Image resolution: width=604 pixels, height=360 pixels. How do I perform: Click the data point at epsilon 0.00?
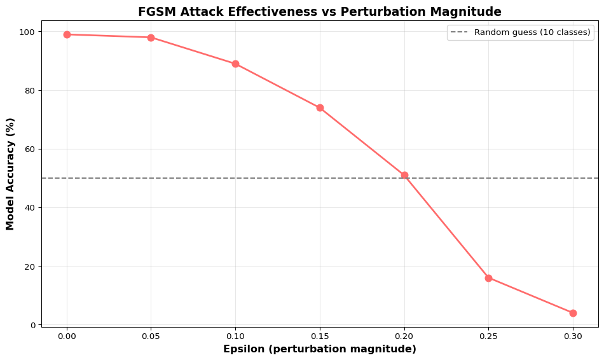click(x=67, y=34)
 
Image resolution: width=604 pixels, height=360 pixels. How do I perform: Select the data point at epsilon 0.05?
click(x=151, y=38)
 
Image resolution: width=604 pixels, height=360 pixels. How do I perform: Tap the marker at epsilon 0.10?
click(x=235, y=64)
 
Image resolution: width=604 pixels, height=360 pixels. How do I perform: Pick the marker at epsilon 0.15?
click(x=320, y=107)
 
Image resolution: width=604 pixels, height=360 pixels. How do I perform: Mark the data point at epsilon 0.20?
click(x=404, y=175)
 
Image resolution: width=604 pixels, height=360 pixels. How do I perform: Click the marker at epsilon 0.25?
click(x=488, y=278)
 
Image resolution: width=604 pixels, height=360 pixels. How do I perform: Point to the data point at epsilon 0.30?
click(x=573, y=313)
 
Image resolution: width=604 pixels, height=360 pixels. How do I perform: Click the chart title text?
click(x=319, y=11)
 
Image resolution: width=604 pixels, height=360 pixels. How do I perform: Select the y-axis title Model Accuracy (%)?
click(x=10, y=174)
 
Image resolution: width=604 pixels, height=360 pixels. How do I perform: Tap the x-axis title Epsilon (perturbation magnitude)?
click(x=319, y=349)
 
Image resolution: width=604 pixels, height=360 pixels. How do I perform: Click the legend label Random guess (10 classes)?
click(x=532, y=32)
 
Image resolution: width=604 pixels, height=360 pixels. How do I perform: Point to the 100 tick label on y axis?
click(x=29, y=32)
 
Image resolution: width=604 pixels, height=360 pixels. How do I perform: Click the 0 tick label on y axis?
click(x=34, y=325)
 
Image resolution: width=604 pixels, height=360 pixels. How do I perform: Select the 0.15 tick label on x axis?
click(x=320, y=335)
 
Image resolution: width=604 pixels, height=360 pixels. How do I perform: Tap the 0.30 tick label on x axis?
click(x=573, y=335)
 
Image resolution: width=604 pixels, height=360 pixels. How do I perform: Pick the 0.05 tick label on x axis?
click(x=151, y=335)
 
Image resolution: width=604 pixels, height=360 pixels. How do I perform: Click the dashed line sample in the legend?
click(x=460, y=32)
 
